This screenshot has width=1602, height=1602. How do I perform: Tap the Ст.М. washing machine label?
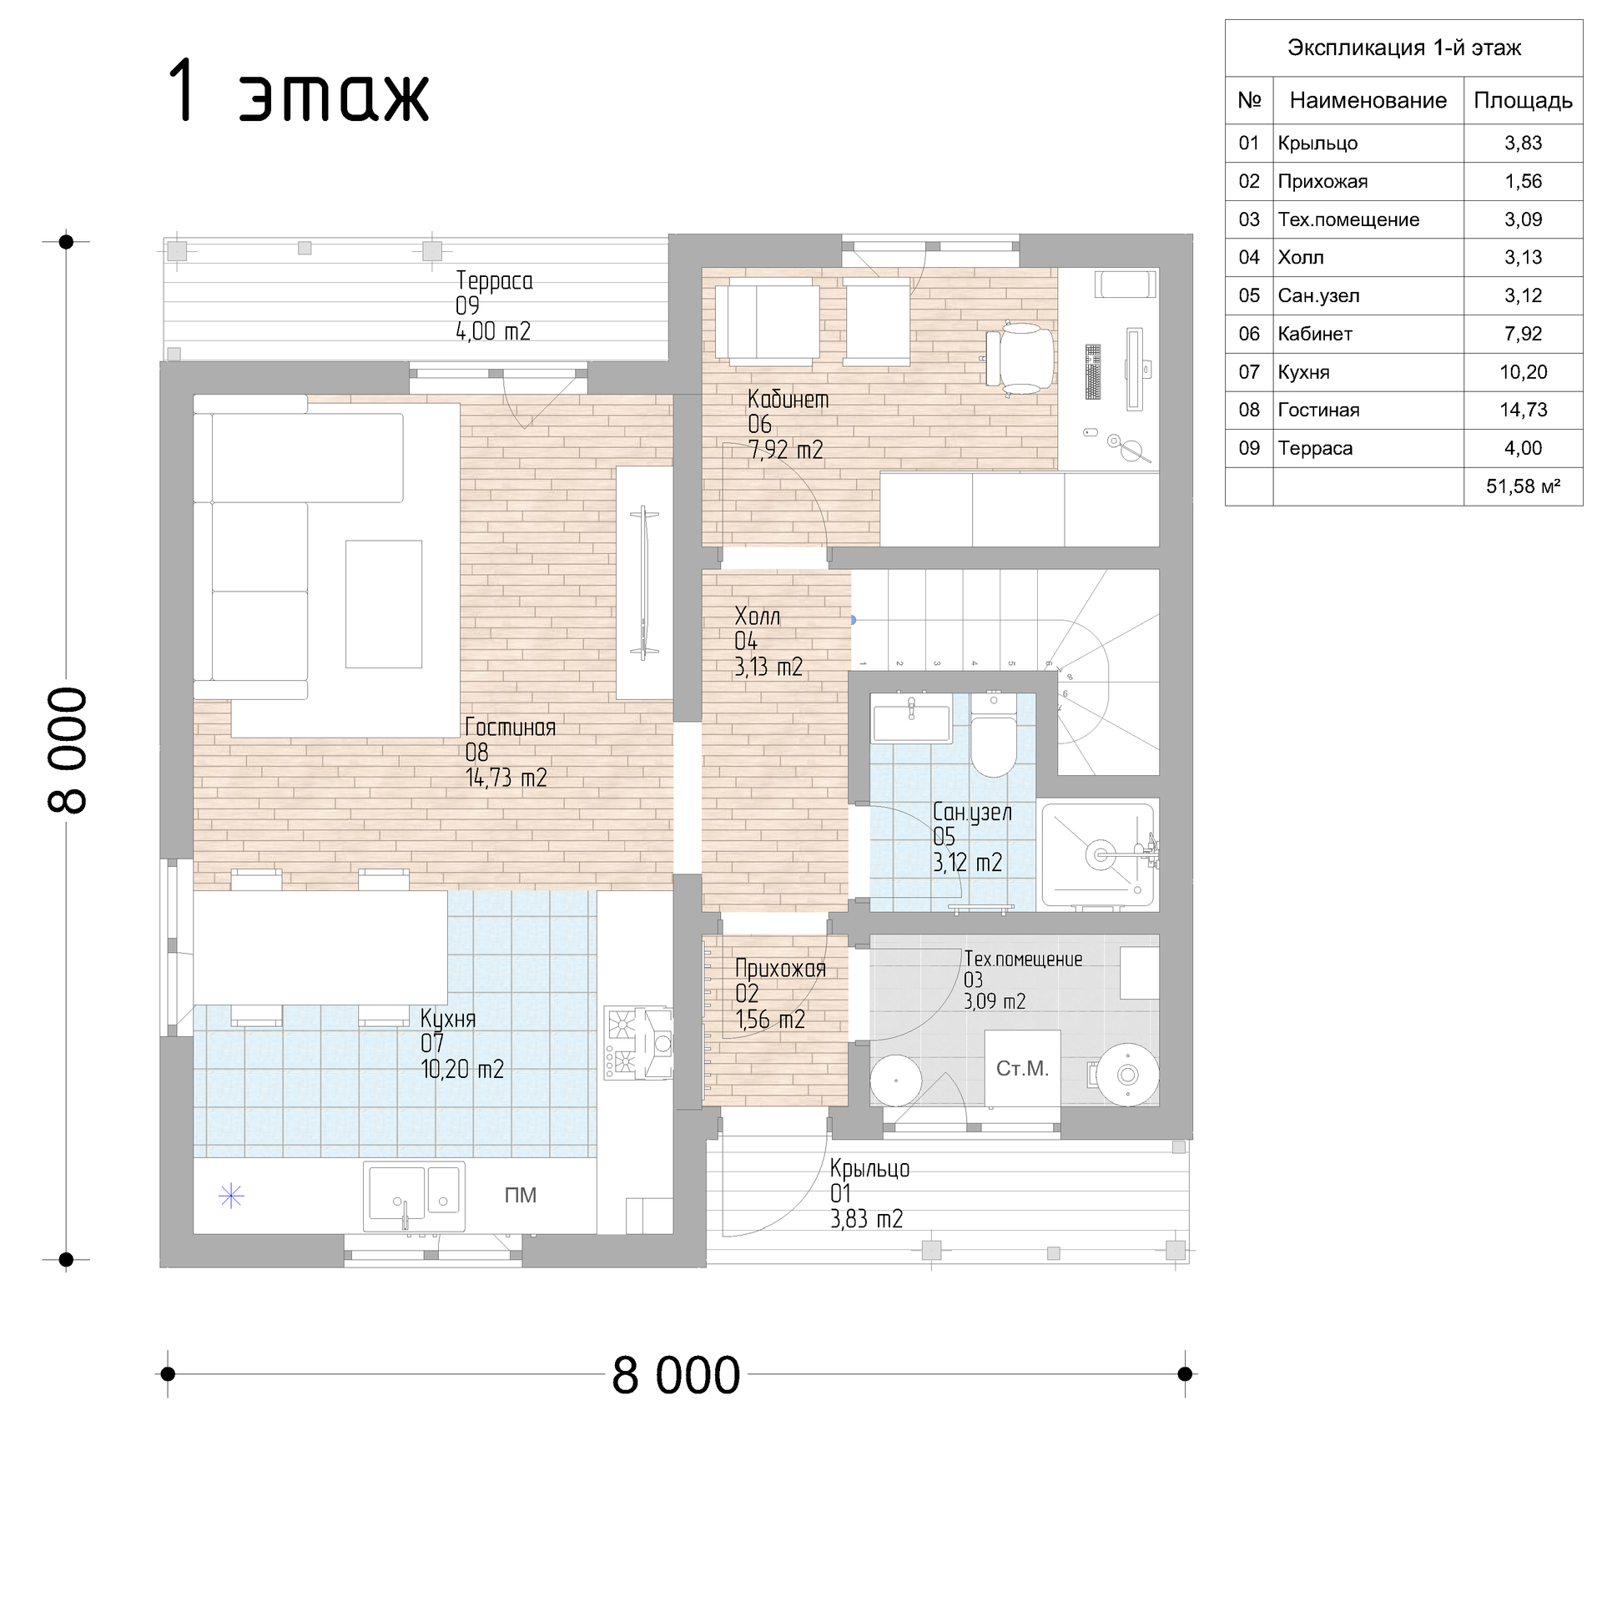coord(1022,1069)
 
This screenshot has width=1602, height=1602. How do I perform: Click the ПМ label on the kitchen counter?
coord(521,1196)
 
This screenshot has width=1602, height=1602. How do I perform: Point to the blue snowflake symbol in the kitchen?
coord(231,1197)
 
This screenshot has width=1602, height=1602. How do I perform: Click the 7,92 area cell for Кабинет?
coord(1523,334)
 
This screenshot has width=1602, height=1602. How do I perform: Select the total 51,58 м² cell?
coord(1523,486)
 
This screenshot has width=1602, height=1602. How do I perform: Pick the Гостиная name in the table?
coord(1318,410)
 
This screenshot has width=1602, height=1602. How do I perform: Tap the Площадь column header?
coord(1523,101)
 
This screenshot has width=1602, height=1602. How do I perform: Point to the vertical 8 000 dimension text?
coord(67,750)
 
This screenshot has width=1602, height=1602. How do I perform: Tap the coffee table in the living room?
coord(384,604)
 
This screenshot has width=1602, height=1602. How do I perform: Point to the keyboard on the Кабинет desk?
coord(1093,371)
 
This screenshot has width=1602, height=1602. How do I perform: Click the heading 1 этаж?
coord(299,93)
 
